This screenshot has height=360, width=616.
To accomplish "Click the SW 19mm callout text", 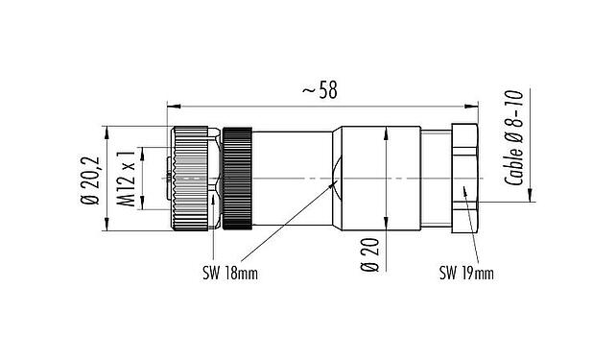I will [x=465, y=273].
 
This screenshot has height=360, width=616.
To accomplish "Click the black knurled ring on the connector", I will [x=236, y=179].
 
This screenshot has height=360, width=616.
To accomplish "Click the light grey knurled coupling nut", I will [x=194, y=179].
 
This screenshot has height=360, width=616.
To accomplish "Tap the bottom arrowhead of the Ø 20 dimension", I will [x=386, y=228].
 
